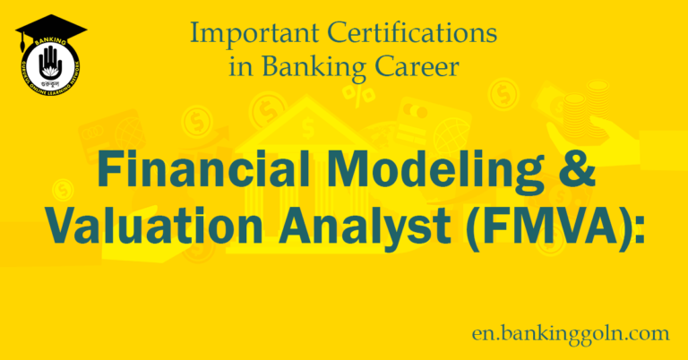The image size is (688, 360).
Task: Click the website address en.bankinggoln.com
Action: (x=572, y=333)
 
